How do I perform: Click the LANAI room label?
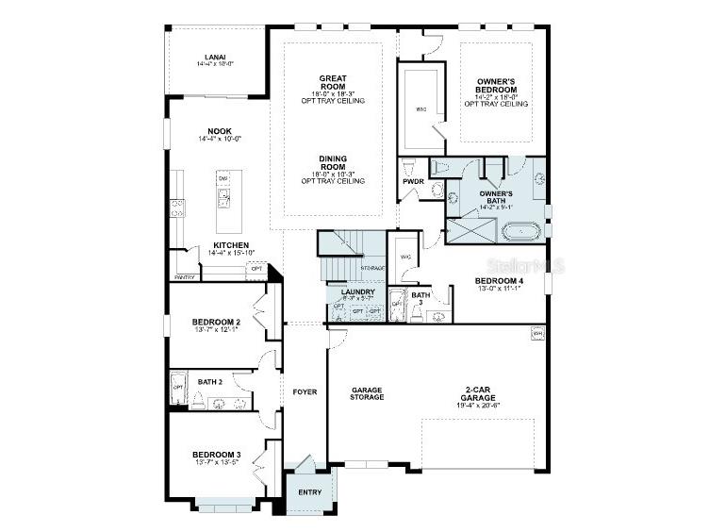tap(215, 57)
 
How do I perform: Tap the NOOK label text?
tap(220, 131)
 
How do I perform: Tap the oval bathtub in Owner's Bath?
tap(520, 231)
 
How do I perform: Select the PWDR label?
tap(412, 180)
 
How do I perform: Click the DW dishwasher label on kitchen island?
tap(223, 178)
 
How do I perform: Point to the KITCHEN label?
tap(231, 245)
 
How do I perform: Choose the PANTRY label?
tap(185, 277)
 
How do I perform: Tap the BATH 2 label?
tap(210, 382)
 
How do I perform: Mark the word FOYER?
tap(304, 391)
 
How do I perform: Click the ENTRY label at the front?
tap(309, 491)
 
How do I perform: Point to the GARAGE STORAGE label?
tap(367, 393)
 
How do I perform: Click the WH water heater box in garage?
tap(538, 333)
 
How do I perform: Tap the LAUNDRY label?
tap(358, 292)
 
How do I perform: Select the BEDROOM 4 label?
tap(500, 281)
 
